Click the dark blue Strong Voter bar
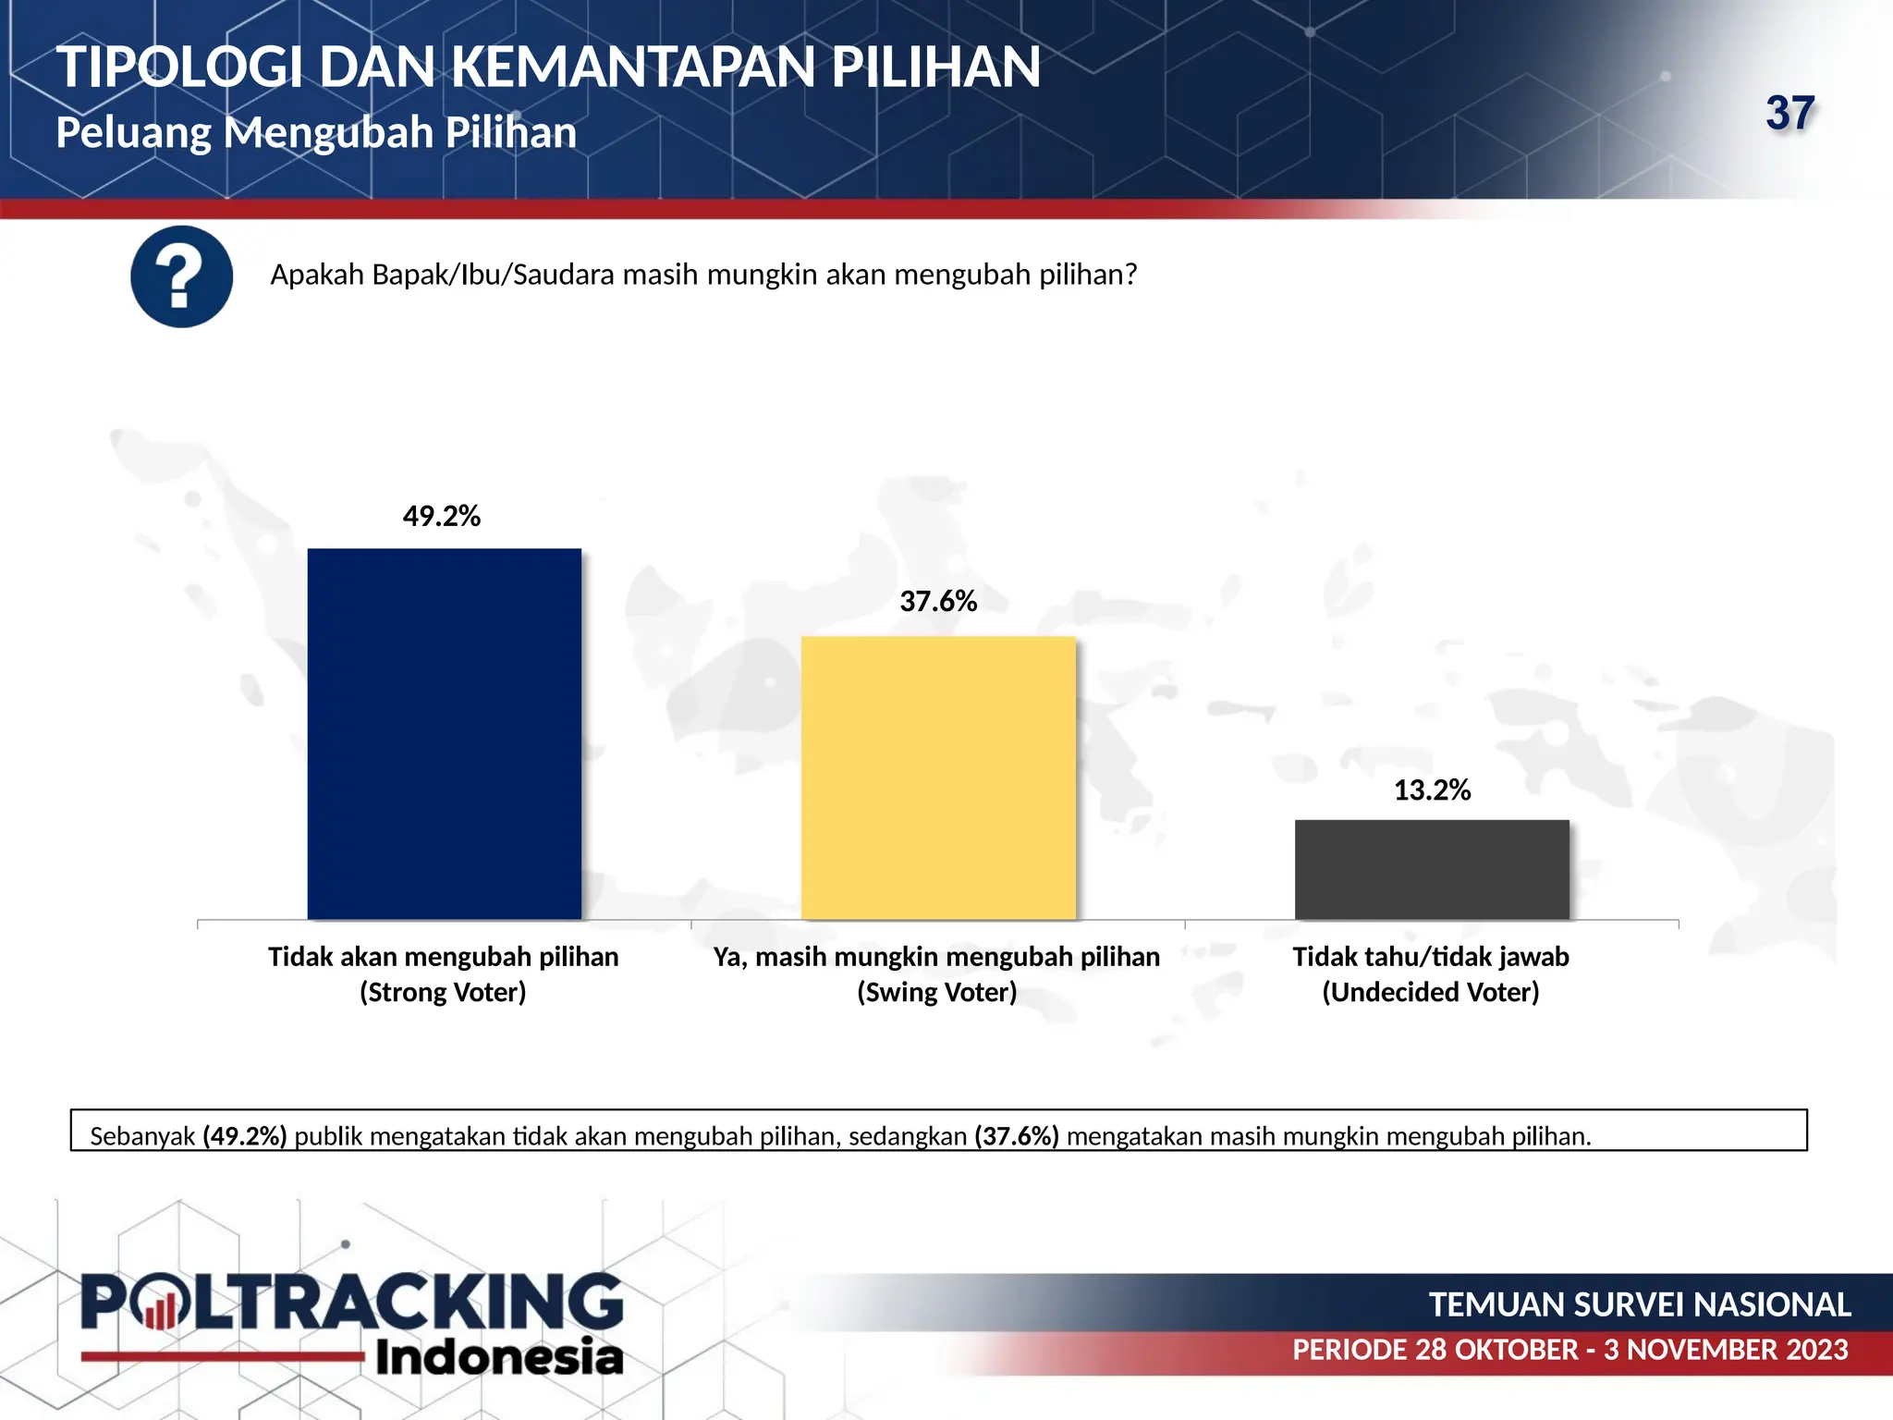[x=444, y=734]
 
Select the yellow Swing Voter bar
[x=938, y=777]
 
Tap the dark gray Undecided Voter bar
[x=1432, y=869]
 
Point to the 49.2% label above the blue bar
[x=442, y=516]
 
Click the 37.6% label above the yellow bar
[x=938, y=602]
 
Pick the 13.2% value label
[x=1432, y=790]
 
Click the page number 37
[x=1790, y=114]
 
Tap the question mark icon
[x=181, y=276]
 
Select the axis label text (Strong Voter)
[x=443, y=992]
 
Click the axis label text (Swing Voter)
[x=936, y=992]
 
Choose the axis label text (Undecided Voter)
[x=1431, y=992]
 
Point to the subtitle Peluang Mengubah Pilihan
[x=316, y=132]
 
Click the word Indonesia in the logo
[x=499, y=1357]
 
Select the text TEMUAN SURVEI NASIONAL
[x=1640, y=1304]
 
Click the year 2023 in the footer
[x=1816, y=1350]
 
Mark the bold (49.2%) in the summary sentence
[x=245, y=1136]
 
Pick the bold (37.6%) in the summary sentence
[x=1017, y=1136]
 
